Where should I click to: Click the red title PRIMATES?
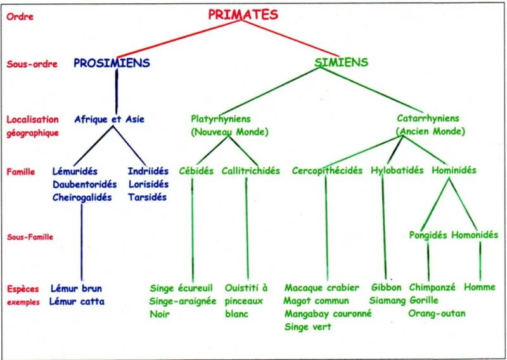(243, 15)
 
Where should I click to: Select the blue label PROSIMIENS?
(112, 63)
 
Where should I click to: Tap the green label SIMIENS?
(341, 62)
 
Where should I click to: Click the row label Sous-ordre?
(32, 64)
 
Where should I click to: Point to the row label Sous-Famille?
(30, 237)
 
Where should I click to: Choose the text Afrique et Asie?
(110, 119)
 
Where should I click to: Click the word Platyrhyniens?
(221, 119)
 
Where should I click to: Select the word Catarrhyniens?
(428, 119)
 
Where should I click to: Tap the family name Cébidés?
(196, 171)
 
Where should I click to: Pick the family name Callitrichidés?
(251, 171)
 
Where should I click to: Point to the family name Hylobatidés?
(397, 171)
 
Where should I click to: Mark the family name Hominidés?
(454, 170)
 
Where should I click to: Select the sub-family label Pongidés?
(428, 235)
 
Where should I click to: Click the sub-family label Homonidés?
(475, 235)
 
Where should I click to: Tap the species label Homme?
(480, 287)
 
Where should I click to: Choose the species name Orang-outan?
(437, 314)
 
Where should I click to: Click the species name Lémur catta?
(77, 302)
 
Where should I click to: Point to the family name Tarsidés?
(147, 197)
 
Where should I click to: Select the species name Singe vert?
(308, 327)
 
